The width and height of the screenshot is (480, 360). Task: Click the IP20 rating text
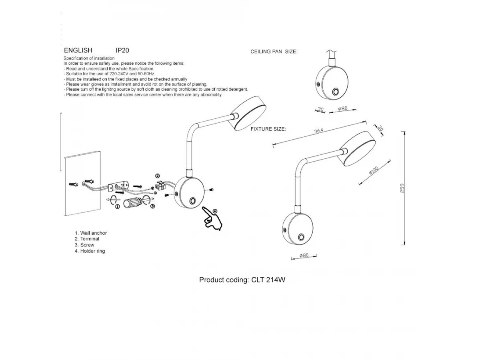pyautogui.click(x=122, y=50)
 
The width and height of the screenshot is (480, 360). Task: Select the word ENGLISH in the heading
pyautogui.click(x=78, y=50)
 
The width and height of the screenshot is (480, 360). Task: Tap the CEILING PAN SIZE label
pyautogui.click(x=274, y=52)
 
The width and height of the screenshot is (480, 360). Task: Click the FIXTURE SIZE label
pyautogui.click(x=268, y=129)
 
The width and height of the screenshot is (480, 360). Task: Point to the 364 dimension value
pyautogui.click(x=319, y=130)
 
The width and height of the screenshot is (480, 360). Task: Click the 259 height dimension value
pyautogui.click(x=402, y=188)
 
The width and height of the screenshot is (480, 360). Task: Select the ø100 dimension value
pyautogui.click(x=374, y=170)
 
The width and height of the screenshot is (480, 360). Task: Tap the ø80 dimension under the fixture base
pyautogui.click(x=304, y=255)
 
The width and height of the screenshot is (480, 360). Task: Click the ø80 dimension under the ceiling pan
pyautogui.click(x=343, y=108)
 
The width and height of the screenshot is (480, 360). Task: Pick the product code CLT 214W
pyautogui.click(x=268, y=280)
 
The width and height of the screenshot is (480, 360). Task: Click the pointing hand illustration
pyautogui.click(x=212, y=218)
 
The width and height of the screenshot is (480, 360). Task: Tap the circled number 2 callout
pyautogui.click(x=158, y=176)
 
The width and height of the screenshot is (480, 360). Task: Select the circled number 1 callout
pyautogui.click(x=118, y=206)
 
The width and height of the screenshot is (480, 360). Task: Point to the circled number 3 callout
pyautogui.click(x=153, y=206)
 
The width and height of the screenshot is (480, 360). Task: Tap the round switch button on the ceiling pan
pyautogui.click(x=335, y=92)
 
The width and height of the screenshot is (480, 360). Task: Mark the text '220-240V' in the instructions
pyautogui.click(x=119, y=74)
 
